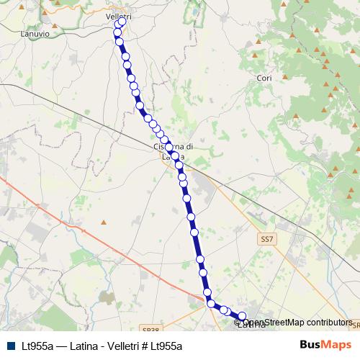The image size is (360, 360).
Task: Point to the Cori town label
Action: (x=264, y=77)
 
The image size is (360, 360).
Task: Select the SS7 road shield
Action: (x=266, y=237)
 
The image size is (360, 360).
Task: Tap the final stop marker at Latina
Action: (x=243, y=316)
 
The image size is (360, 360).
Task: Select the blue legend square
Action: (x=10, y=346)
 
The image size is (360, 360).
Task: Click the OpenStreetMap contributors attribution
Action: (x=297, y=323)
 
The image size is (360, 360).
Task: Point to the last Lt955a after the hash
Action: (x=168, y=346)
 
